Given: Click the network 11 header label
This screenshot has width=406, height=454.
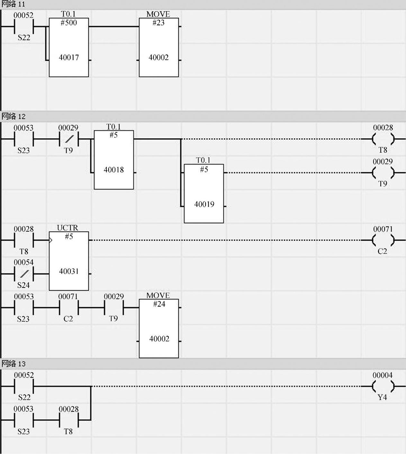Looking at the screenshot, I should pyautogui.click(x=13, y=4).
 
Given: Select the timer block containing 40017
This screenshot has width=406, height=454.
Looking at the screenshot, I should pyautogui.click(x=69, y=47).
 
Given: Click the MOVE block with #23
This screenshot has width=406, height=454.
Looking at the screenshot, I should pyautogui.click(x=159, y=47).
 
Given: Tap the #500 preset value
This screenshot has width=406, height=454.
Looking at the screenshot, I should pyautogui.click(x=68, y=23).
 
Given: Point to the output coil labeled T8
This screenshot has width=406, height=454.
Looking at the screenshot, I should pyautogui.click(x=383, y=139).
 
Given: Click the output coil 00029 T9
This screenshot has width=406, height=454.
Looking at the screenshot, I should pyautogui.click(x=383, y=173).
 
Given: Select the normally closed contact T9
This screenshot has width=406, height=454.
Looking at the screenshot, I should pyautogui.click(x=68, y=139).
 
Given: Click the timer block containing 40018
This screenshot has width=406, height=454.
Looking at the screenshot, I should pyautogui.click(x=114, y=160).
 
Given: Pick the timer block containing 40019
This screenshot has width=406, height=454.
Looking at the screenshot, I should pyautogui.click(x=204, y=193).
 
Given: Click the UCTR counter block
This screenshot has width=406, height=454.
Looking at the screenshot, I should pyautogui.click(x=69, y=261).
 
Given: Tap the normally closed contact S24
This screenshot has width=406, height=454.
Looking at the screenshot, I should pyautogui.click(x=24, y=274).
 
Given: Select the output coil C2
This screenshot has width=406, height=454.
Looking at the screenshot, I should pyautogui.click(x=383, y=240).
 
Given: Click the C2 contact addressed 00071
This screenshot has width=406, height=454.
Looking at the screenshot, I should pyautogui.click(x=68, y=307).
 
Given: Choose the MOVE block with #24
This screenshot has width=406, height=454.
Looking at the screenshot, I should pyautogui.click(x=159, y=328).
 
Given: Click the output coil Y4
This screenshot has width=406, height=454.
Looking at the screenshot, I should pyautogui.click(x=383, y=386).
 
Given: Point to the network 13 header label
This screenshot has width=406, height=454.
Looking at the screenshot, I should pyautogui.click(x=13, y=364).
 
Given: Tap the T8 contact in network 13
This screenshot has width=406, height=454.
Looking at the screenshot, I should pyautogui.click(x=68, y=420).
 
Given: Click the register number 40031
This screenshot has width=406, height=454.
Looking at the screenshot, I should pyautogui.click(x=69, y=272).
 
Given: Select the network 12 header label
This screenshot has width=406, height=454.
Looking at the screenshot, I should pyautogui.click(x=13, y=116).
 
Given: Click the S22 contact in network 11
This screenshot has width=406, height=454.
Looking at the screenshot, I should pyautogui.click(x=24, y=26).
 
